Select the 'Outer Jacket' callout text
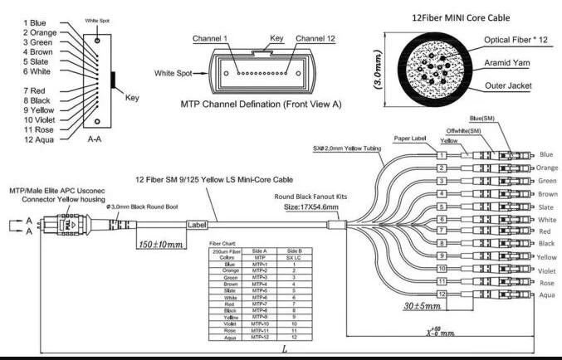coord(511,86)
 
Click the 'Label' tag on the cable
coord(197,224)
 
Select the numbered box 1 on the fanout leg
coord(443,155)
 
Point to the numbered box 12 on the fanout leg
coord(443,294)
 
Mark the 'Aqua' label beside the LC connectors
coord(546,295)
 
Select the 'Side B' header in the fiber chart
coord(295,250)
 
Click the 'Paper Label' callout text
coord(412,138)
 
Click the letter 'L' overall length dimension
coord(284,350)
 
